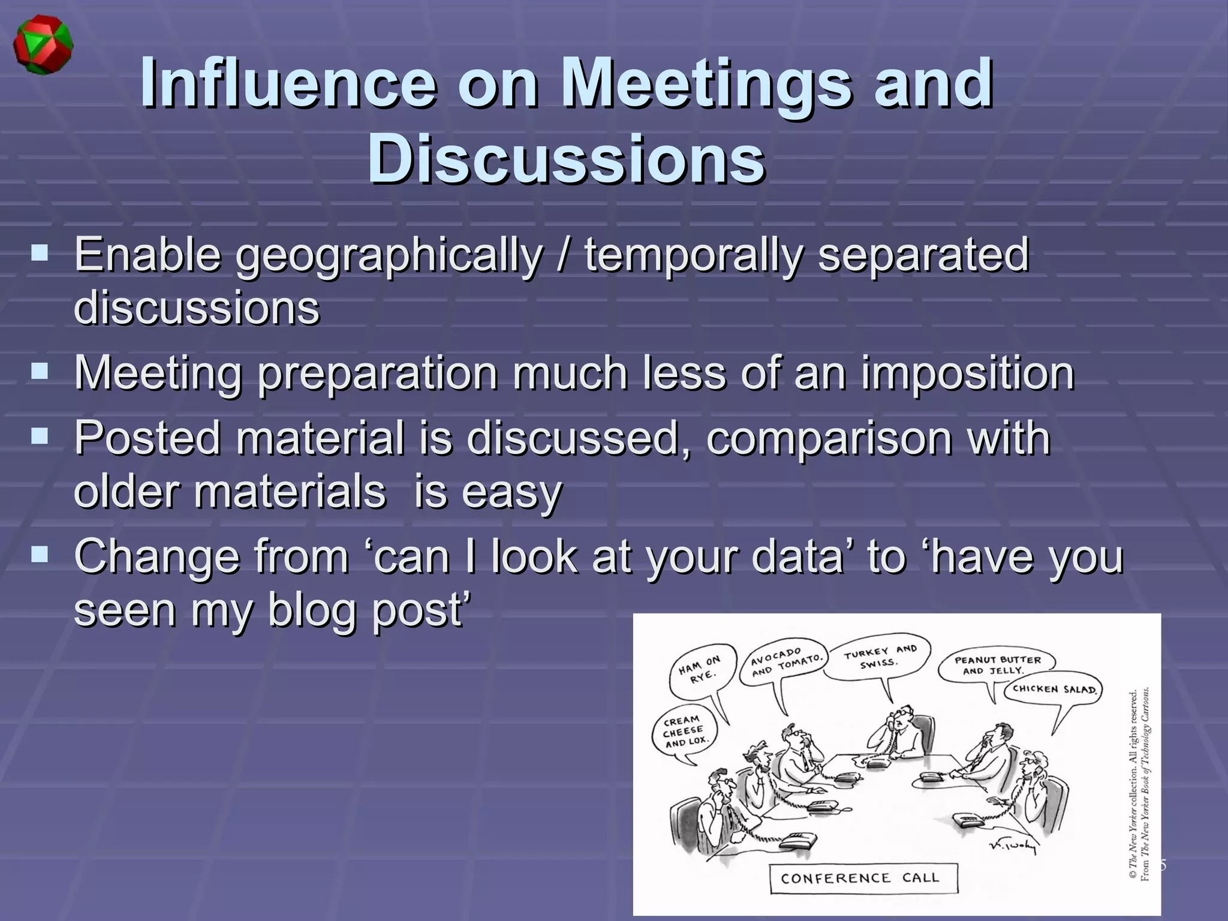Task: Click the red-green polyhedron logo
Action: pyautogui.click(x=43, y=46)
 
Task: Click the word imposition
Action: pyautogui.click(x=968, y=373)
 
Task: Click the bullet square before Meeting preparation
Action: pyautogui.click(x=40, y=372)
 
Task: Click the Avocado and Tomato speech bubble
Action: pyautogui.click(x=786, y=662)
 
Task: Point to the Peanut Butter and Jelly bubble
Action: pyautogui.click(x=997, y=664)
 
